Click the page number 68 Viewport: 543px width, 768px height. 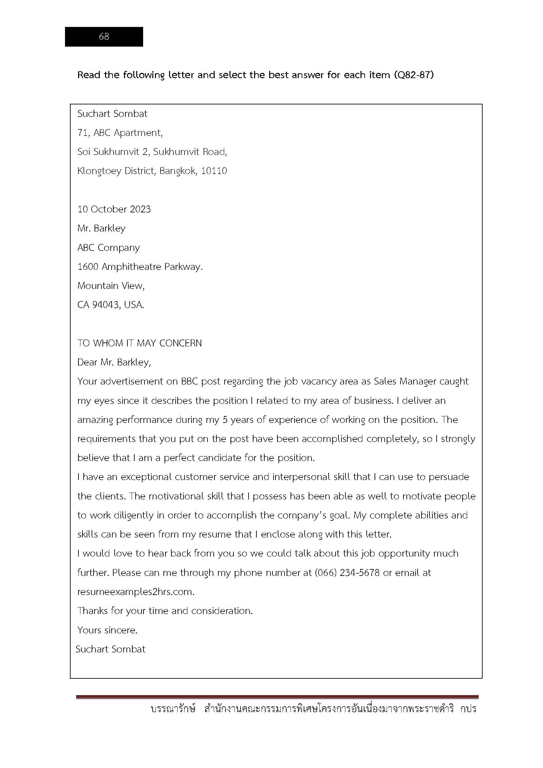point(104,36)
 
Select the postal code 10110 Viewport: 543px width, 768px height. point(214,171)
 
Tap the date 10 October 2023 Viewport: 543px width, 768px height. point(114,209)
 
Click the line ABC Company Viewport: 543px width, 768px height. point(109,248)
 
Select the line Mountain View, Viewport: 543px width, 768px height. point(111,286)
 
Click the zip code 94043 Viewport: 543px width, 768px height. point(105,305)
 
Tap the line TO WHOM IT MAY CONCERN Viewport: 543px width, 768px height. point(140,343)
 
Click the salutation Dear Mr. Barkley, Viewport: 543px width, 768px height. point(114,362)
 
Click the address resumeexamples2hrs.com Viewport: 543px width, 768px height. point(136,592)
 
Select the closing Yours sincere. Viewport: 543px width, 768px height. point(107,630)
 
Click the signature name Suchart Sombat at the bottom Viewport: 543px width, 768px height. point(110,649)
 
